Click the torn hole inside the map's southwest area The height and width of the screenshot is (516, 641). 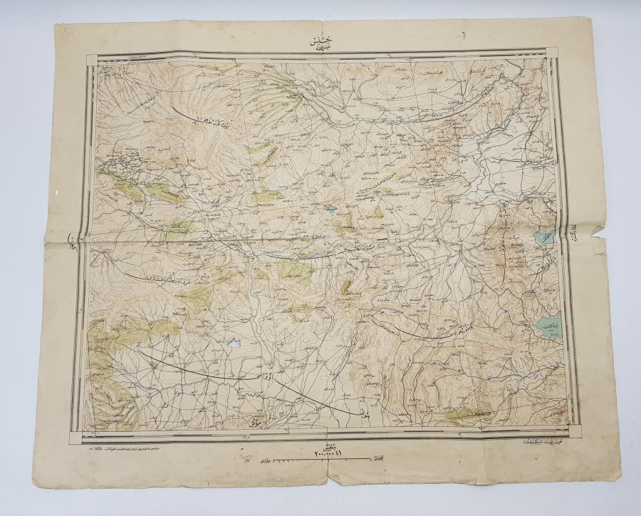click(x=231, y=344)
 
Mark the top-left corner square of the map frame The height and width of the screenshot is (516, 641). click(x=92, y=60)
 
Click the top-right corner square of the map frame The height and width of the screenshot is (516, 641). click(x=552, y=53)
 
